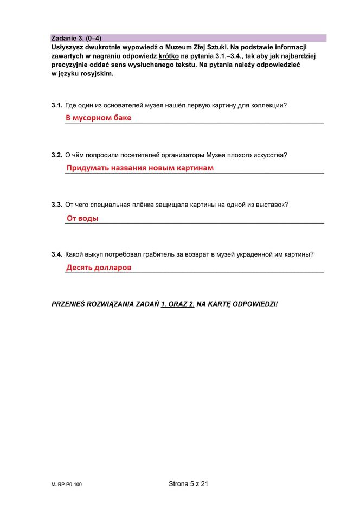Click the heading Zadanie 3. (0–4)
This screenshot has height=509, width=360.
tap(76, 38)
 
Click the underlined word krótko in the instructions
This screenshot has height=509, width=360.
tap(169, 56)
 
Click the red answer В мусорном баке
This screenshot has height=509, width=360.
tap(99, 118)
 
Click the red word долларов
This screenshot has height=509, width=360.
tap(111, 268)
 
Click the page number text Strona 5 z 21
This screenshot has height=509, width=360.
tap(188, 483)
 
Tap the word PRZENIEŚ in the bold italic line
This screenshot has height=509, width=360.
tap(70, 303)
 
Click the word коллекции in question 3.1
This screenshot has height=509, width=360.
tap(267, 105)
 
